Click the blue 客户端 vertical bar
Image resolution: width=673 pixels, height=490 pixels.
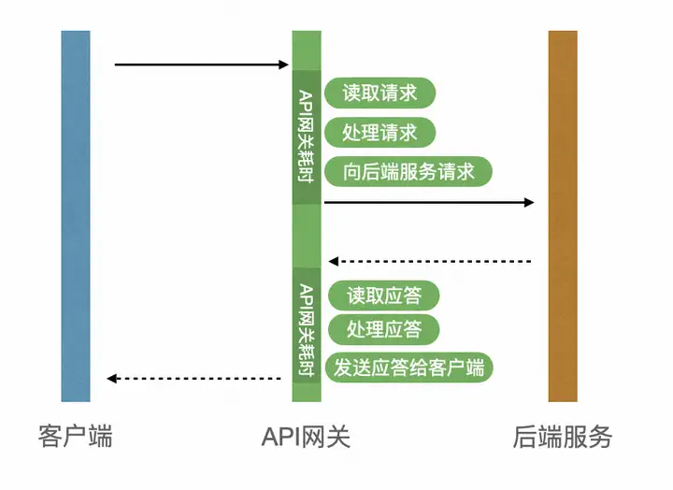pyautogui.click(x=76, y=216)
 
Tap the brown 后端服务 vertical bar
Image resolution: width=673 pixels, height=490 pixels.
pyautogui.click(x=563, y=216)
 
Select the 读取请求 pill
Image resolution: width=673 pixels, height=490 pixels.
pyautogui.click(x=379, y=93)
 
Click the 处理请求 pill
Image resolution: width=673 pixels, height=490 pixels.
pyautogui.click(x=379, y=132)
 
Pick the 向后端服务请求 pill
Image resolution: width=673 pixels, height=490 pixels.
pyautogui.click(x=408, y=172)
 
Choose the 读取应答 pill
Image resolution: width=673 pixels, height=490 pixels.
pyautogui.click(x=384, y=296)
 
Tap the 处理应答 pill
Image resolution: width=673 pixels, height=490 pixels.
pyautogui.click(x=383, y=329)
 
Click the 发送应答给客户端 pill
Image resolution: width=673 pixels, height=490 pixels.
pyautogui.click(x=408, y=367)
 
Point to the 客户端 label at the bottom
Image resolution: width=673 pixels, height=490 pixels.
pyautogui.click(x=76, y=436)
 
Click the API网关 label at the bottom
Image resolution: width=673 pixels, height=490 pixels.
pyautogui.click(x=306, y=436)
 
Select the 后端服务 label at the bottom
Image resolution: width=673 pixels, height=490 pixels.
pyautogui.click(x=563, y=436)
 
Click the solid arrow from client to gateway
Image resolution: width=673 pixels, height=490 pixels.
pyautogui.click(x=202, y=65)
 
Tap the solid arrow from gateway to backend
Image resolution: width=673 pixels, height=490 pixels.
pyautogui.click(x=429, y=202)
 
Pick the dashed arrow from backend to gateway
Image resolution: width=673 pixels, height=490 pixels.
pyautogui.click(x=430, y=261)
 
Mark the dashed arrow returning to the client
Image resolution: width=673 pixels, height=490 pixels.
pyautogui.click(x=194, y=379)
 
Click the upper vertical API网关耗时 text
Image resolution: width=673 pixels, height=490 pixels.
pyautogui.click(x=306, y=137)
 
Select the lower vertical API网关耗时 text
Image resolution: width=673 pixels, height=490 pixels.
pyautogui.click(x=306, y=328)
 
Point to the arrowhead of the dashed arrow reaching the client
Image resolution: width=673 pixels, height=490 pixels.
pyautogui.click(x=112, y=379)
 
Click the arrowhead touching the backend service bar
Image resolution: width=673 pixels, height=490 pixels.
pyautogui.click(x=530, y=202)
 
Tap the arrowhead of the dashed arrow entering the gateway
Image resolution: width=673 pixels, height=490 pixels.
pyautogui.click(x=333, y=261)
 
